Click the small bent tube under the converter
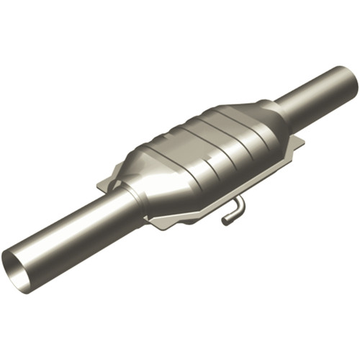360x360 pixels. [x=235, y=210]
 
